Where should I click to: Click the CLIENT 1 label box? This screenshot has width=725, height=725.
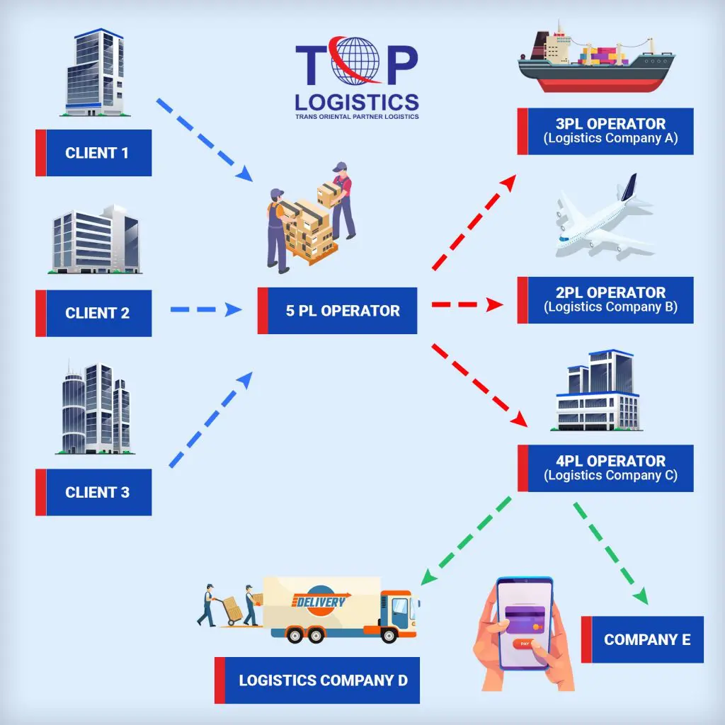(x=93, y=153)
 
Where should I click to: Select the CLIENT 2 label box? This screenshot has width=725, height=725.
(x=93, y=313)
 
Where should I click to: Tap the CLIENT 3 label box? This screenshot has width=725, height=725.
(x=93, y=492)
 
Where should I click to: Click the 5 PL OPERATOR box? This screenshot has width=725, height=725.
(x=337, y=311)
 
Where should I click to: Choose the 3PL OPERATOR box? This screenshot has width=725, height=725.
(x=605, y=131)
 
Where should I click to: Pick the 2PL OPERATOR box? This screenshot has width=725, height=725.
(x=605, y=300)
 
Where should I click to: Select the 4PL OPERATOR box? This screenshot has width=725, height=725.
(x=605, y=468)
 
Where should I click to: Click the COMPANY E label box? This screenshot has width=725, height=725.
(x=642, y=639)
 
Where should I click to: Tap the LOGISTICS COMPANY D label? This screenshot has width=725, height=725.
(x=317, y=680)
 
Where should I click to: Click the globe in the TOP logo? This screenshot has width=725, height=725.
(x=357, y=61)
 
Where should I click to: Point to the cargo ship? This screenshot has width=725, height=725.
(x=595, y=58)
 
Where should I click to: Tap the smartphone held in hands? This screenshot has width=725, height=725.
(x=525, y=623)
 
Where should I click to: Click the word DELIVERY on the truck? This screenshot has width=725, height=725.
(x=320, y=602)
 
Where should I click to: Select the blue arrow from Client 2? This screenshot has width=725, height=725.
(x=206, y=309)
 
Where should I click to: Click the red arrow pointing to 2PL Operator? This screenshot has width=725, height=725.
(x=467, y=304)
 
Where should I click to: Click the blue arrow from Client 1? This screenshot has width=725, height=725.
(x=205, y=139)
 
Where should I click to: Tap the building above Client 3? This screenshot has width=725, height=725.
(x=96, y=408)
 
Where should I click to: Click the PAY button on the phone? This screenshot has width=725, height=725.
(x=525, y=644)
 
